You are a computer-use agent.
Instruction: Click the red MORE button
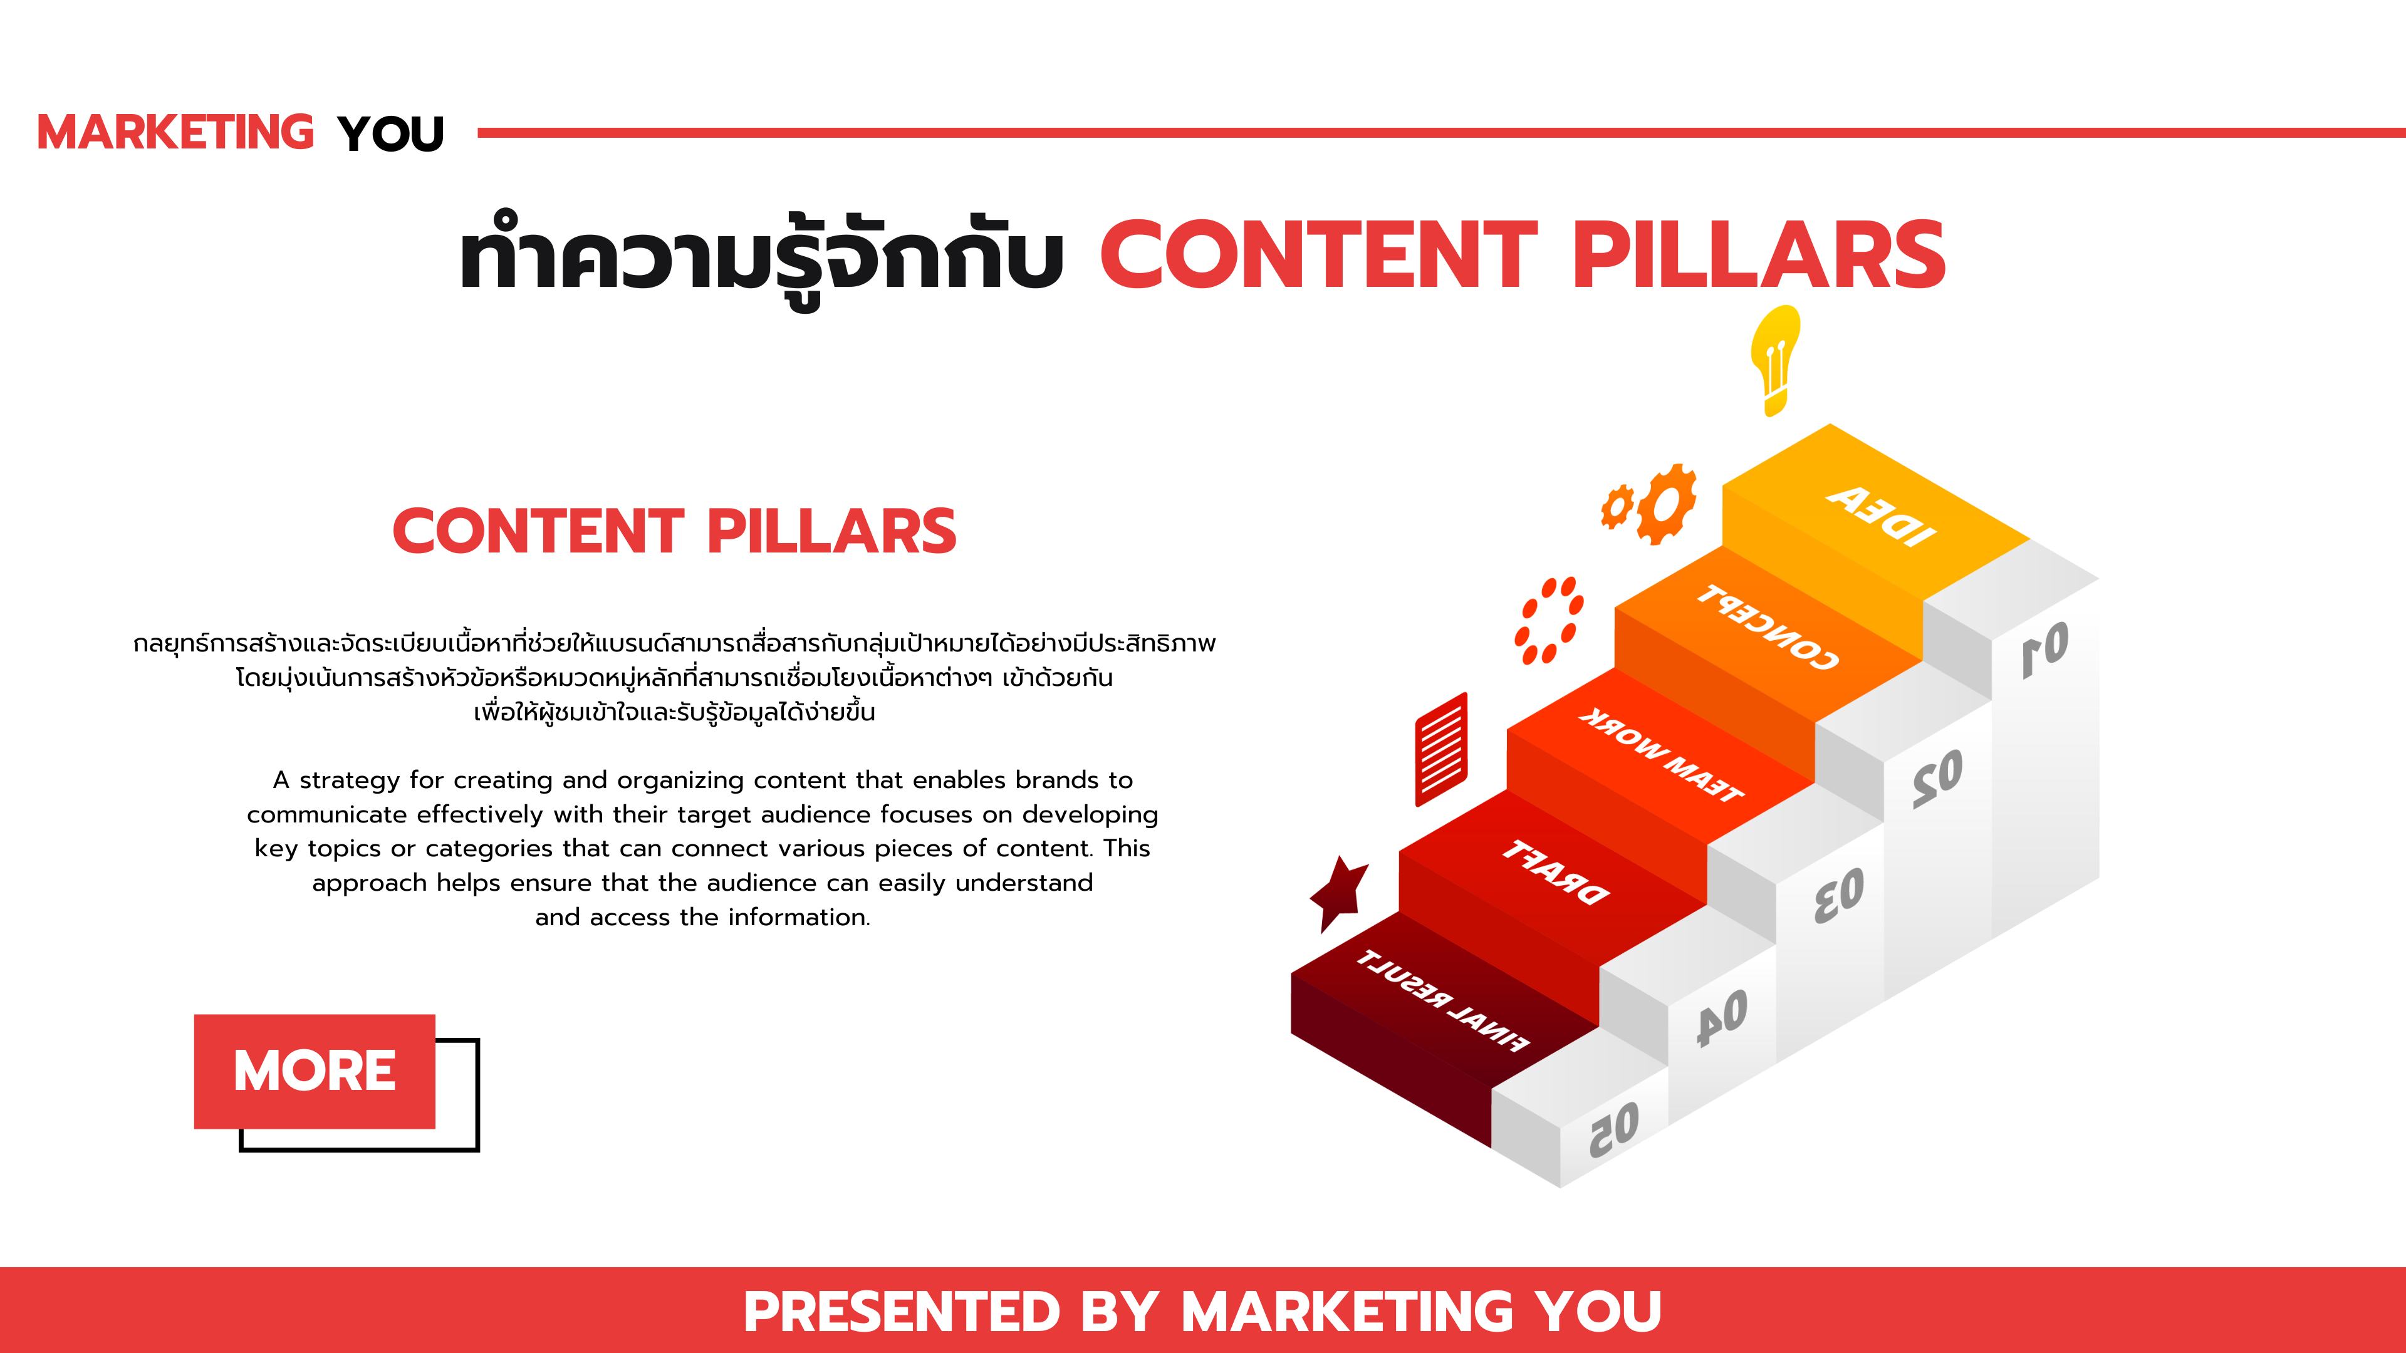[315, 1071]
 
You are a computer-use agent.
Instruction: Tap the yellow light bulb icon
[1774, 360]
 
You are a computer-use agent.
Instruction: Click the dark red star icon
[1340, 893]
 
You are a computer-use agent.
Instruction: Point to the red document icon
[1441, 749]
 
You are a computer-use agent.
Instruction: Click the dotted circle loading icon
[1549, 620]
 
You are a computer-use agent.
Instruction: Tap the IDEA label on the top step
[1881, 514]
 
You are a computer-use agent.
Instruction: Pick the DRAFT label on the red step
[1556, 872]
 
